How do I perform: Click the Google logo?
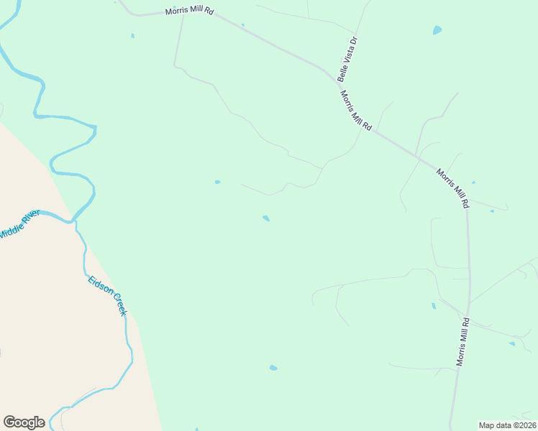(24, 422)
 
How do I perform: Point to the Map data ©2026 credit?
(507, 425)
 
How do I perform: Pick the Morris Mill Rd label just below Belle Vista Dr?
(355, 110)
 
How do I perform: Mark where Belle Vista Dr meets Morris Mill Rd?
(338, 80)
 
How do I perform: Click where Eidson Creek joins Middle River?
(73, 221)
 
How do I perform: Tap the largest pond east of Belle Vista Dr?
(437, 31)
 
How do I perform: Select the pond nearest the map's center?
(266, 218)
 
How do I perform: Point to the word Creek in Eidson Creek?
(117, 305)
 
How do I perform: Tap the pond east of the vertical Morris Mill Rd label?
(512, 343)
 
